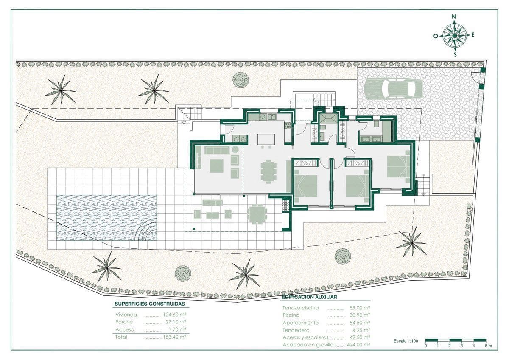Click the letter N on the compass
click(x=454, y=17)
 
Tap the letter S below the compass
click(x=455, y=55)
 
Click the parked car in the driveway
click(x=393, y=88)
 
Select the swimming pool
click(x=106, y=218)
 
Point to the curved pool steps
click(x=147, y=230)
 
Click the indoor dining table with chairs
click(x=268, y=171)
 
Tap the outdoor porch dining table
click(x=257, y=214)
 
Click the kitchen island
click(x=266, y=139)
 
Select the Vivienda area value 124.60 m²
click(x=174, y=315)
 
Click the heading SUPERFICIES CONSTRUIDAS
click(x=150, y=304)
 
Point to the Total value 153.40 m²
click(x=174, y=337)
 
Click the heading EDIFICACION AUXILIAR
click(x=310, y=297)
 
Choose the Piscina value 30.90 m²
click(x=360, y=315)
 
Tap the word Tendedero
click(x=296, y=330)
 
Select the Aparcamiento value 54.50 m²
click(x=360, y=323)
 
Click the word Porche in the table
click(x=124, y=322)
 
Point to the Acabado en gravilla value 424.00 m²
click(x=358, y=345)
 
